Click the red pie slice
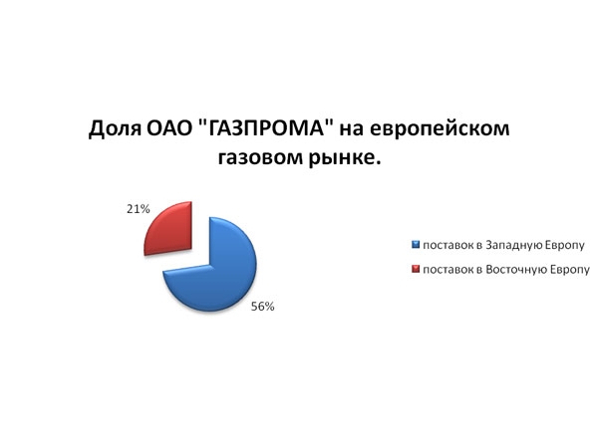click(169, 229)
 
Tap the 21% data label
click(139, 209)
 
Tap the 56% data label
click(262, 307)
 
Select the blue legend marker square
click(416, 245)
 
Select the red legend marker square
click(416, 270)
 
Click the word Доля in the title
click(113, 128)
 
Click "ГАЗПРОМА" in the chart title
click(266, 128)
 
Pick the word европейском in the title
click(440, 128)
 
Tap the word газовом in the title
click(260, 157)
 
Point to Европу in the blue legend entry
click(564, 246)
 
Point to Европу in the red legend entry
click(569, 270)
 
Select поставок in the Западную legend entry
click(448, 246)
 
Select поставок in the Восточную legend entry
click(448, 270)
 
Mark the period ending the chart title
click(378, 163)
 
